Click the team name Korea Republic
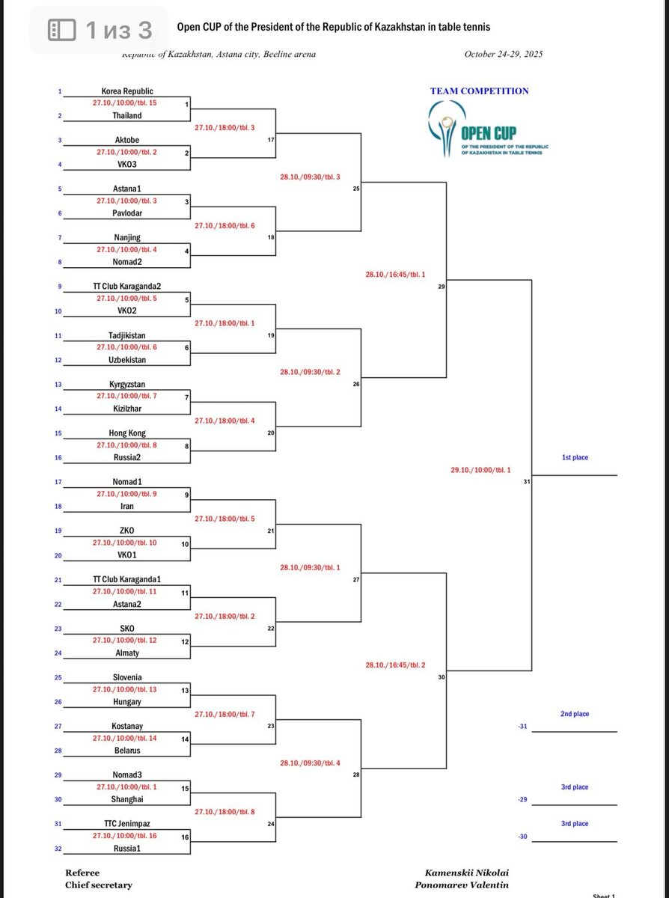[127, 91]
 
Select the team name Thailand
[127, 116]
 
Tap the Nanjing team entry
[127, 238]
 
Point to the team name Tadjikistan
[127, 336]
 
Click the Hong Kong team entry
[127, 433]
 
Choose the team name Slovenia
[127, 678]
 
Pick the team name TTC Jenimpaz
[127, 824]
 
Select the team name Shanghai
[127, 799]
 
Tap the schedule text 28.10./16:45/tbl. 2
[395, 665]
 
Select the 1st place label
[575, 457]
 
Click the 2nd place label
[575, 714]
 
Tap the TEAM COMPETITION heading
[479, 91]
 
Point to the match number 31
[526, 482]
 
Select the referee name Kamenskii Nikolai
[467, 873]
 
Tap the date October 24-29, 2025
[503, 54]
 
